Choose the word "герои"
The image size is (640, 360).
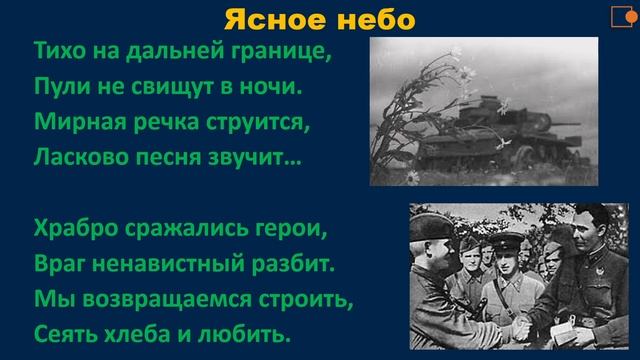[290, 232]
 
